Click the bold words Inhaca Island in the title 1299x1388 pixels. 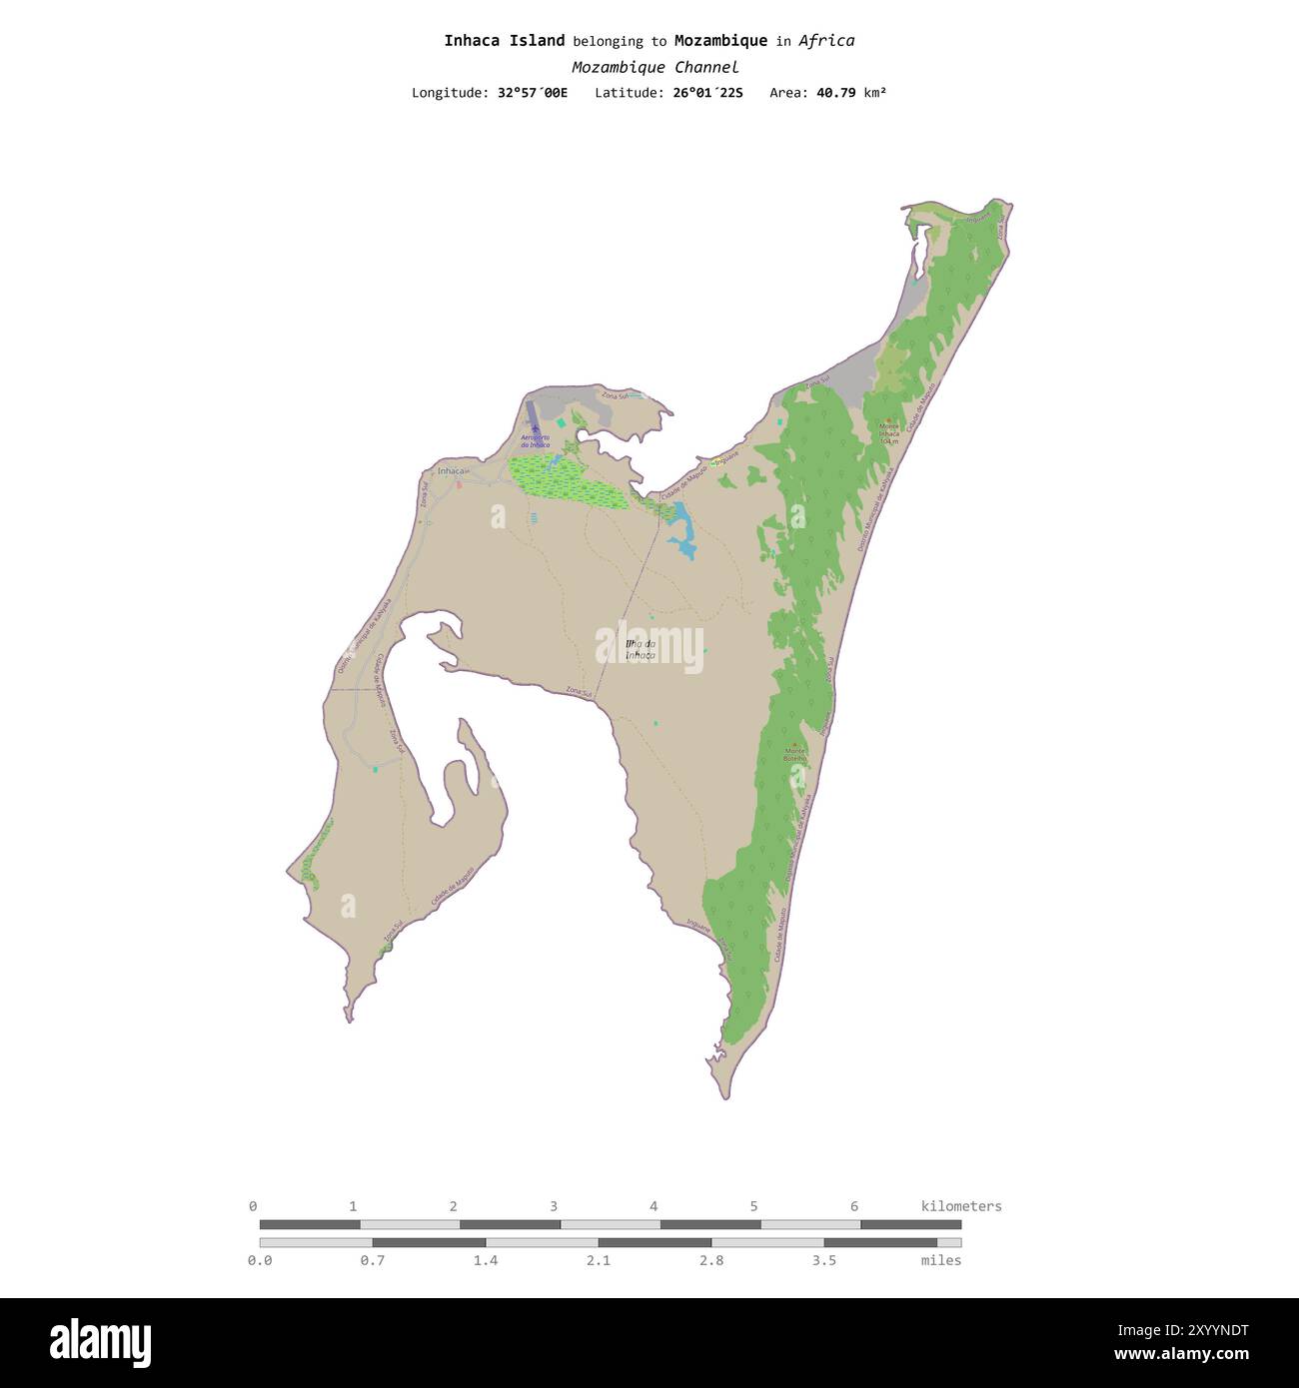point(505,41)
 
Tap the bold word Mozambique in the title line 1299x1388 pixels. point(720,41)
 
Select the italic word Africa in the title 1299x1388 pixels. point(826,41)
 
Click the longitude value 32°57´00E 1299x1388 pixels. point(532,93)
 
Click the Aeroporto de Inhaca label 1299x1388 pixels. point(536,440)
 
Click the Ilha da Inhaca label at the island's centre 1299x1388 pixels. point(640,650)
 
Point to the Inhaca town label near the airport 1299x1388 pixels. point(453,470)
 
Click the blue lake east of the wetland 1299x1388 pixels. point(683,528)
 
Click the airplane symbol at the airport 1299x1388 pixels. point(536,428)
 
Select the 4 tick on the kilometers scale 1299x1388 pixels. point(653,1206)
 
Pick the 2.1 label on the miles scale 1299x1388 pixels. point(599,1260)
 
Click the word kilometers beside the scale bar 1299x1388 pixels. point(960,1206)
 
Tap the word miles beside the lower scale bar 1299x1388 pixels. point(940,1260)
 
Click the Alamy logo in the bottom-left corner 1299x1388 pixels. point(100,1340)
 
